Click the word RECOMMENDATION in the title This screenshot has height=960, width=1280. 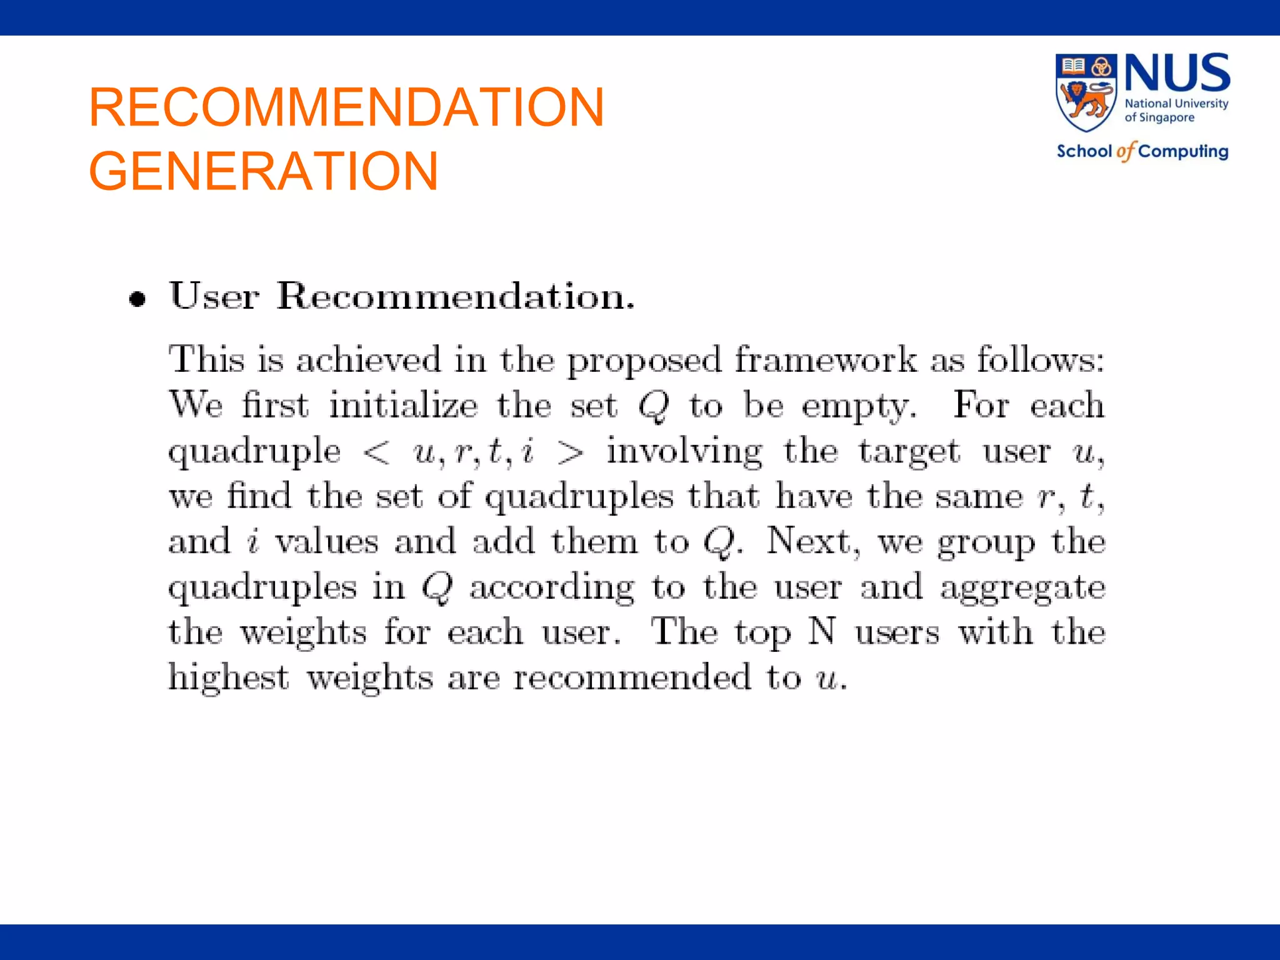(x=346, y=107)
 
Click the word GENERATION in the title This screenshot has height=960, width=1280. (x=263, y=171)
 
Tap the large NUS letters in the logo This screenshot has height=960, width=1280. (x=1177, y=74)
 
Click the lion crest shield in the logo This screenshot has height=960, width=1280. (x=1086, y=92)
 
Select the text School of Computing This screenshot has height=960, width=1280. (x=1142, y=151)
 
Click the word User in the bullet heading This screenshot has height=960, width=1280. (x=214, y=296)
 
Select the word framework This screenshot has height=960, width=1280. (x=825, y=360)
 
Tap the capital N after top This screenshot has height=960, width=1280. (x=821, y=631)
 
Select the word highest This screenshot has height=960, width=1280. (x=229, y=677)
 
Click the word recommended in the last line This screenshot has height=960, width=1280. (x=632, y=677)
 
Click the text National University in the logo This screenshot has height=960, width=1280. (x=1176, y=104)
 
